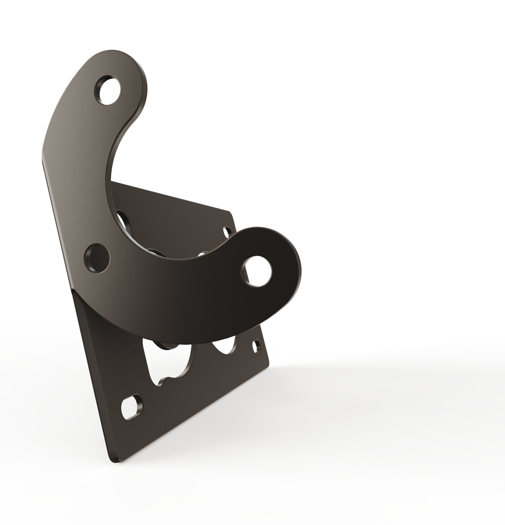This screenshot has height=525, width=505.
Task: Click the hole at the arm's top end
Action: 108,90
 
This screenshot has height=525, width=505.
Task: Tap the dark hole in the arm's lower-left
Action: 97,258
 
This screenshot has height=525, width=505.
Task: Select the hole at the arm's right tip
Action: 256,271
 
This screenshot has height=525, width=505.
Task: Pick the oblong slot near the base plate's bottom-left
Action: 131,407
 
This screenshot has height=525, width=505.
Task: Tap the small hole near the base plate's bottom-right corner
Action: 256,346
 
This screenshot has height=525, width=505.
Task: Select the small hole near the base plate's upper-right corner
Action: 227,232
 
